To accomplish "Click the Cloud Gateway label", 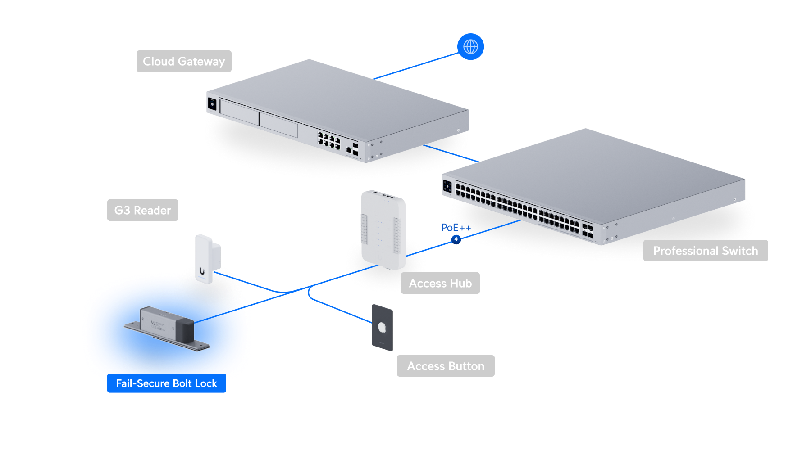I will click(x=184, y=61).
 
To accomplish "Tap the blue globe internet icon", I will click(x=470, y=46).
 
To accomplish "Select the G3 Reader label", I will click(x=142, y=210).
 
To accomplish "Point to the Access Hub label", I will click(x=440, y=283).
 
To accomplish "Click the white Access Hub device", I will click(x=383, y=229).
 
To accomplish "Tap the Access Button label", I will click(x=445, y=366).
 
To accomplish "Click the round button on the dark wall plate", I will click(x=382, y=327).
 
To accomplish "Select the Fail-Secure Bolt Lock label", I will click(x=166, y=383).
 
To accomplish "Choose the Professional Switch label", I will click(x=705, y=251).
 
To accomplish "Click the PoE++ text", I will click(x=455, y=228).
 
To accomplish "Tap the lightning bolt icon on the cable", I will click(x=456, y=239).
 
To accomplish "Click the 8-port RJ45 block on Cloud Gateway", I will click(x=328, y=141).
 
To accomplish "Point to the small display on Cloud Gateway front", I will click(x=212, y=104).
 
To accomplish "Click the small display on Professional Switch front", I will click(x=447, y=186).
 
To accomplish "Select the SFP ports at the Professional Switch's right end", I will click(x=588, y=230).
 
